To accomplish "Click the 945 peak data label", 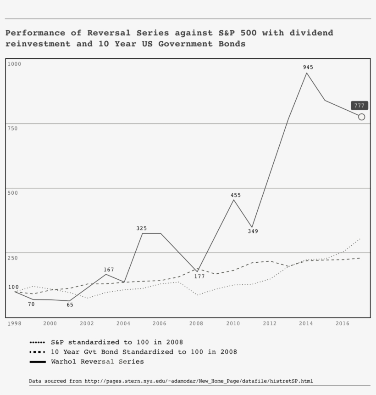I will pos(308,67).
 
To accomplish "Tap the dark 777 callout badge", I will pos(359,106).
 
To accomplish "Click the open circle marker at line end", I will pos(361,117).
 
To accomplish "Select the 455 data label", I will pos(235,195).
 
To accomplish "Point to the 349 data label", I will pos(253,231).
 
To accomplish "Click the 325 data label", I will pos(141,228).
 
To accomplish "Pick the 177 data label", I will pos(199,276).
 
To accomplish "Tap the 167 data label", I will pos(109,270).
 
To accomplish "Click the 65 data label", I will pos(70,305).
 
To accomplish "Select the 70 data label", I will pos(31,304).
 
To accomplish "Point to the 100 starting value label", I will pos(13,287).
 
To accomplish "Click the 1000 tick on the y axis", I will pos(14,64).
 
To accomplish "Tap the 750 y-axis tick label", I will pos(12,128).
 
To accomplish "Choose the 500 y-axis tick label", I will pos(12,193).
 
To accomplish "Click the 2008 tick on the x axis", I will pos(196,324).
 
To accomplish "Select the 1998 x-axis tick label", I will pos(14,324).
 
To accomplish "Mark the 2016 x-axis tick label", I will pos(343,324).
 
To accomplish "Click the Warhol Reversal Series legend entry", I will pos(97,361).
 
